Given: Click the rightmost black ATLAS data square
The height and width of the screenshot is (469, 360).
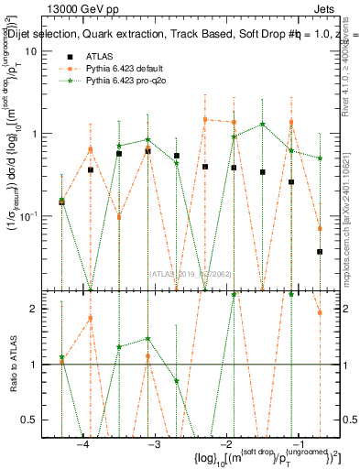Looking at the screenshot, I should click(x=320, y=251).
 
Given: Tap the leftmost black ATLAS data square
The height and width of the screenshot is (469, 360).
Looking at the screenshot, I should click(x=61, y=201).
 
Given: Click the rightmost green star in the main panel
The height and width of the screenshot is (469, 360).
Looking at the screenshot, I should click(x=320, y=158).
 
